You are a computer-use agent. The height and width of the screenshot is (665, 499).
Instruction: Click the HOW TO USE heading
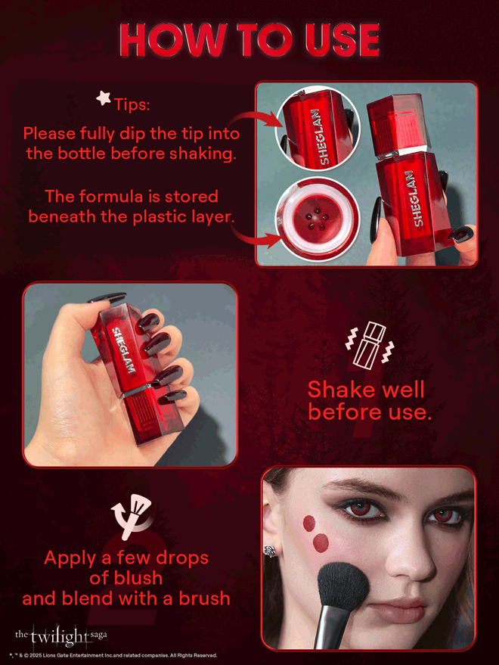pyautogui.click(x=249, y=39)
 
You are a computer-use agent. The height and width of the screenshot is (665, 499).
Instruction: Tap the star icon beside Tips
pyautogui.click(x=103, y=97)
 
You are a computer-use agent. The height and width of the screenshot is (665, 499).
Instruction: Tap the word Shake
pyautogui.click(x=339, y=390)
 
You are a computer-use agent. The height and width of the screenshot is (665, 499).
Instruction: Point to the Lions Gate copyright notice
pyautogui.click(x=113, y=655)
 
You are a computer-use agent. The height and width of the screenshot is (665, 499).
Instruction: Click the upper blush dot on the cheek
pyautogui.click(x=308, y=523)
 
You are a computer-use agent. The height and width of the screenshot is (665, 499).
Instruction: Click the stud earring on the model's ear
pyautogui.click(x=268, y=550)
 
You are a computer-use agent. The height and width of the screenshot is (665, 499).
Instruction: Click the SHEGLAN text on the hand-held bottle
pyautogui.click(x=122, y=346)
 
